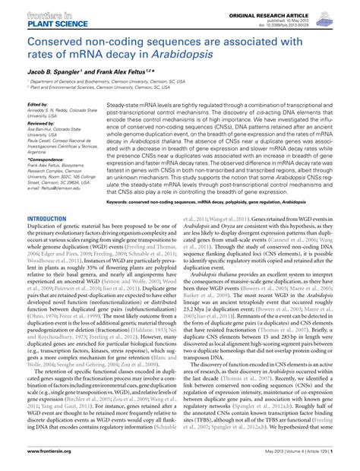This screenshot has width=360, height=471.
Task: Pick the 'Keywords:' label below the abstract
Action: [x=121, y=204]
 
